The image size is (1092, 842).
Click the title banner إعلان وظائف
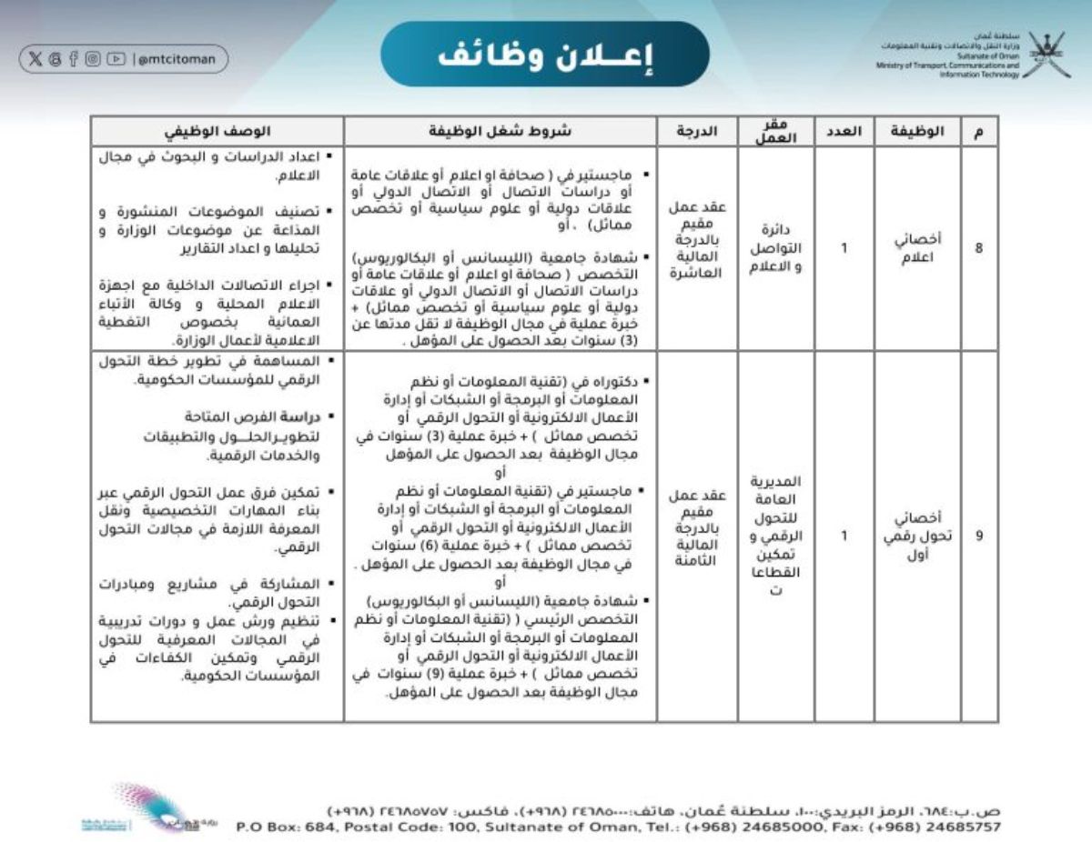(545, 54)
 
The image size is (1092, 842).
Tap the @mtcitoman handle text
(177, 59)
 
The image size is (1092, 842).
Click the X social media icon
(35, 59)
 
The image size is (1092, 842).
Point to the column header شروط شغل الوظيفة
(500, 131)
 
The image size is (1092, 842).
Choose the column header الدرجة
(697, 131)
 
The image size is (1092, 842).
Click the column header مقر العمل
(776, 131)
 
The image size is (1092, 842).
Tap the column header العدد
(844, 131)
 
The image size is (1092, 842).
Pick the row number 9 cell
(979, 536)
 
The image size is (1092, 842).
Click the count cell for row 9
(844, 536)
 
